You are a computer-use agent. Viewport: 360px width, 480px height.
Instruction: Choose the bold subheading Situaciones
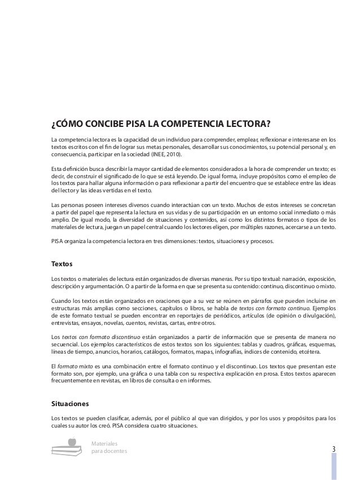coord(71,403)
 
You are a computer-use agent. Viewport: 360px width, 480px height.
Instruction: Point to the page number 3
coord(334,450)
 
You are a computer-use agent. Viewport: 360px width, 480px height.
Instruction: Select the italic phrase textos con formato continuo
coord(273,310)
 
